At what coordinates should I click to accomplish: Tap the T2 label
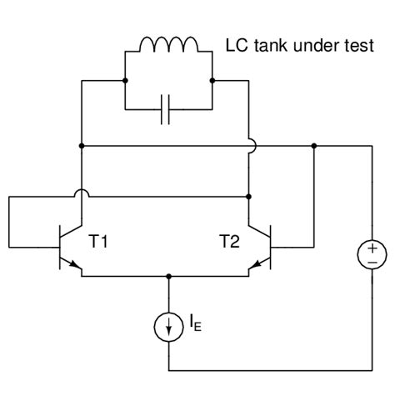(x=230, y=242)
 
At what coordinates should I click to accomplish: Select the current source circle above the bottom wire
(x=169, y=328)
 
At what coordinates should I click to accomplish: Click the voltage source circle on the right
(x=372, y=255)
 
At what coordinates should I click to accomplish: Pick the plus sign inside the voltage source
(x=372, y=248)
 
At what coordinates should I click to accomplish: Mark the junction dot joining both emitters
(x=169, y=276)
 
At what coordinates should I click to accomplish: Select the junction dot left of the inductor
(x=124, y=81)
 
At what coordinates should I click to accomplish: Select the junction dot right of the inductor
(x=213, y=81)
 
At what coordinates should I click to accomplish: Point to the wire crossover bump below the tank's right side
(x=250, y=146)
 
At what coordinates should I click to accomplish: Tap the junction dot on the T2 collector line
(x=250, y=197)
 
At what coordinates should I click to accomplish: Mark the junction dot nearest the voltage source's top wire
(x=314, y=146)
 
